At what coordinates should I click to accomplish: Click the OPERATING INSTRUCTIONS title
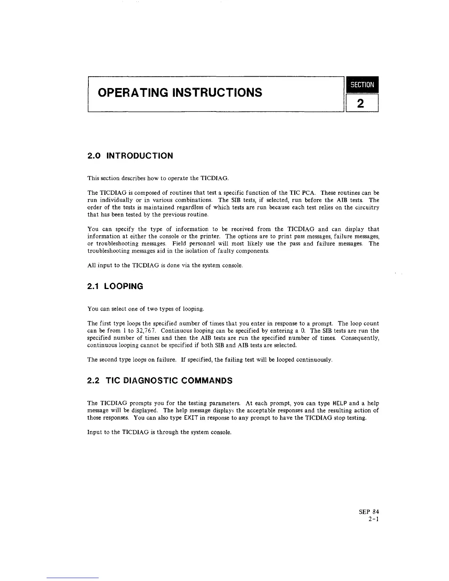pos(180,92)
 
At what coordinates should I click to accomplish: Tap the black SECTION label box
pos(362,85)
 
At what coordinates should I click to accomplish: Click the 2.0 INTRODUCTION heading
pos(130,156)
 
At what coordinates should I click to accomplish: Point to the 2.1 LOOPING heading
pos(115,286)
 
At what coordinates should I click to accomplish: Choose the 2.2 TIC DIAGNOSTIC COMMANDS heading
pos(160,381)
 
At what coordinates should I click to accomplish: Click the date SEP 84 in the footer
pos(369,512)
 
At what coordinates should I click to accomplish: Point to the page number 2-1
pos(373,519)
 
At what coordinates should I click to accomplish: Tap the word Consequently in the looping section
pos(360,338)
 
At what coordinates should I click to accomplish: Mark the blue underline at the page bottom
pos(72,578)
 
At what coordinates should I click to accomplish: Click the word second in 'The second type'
pos(108,360)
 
